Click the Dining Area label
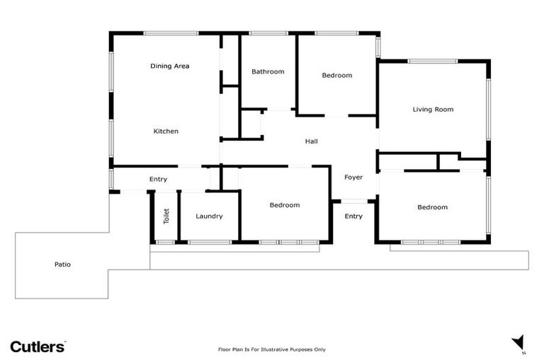pyautogui.click(x=169, y=66)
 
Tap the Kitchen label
pyautogui.click(x=166, y=131)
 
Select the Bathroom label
pyautogui.click(x=268, y=71)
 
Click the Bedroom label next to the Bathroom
pyautogui.click(x=336, y=75)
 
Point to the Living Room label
pyautogui.click(x=433, y=109)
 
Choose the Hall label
pyautogui.click(x=311, y=141)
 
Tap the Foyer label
pyautogui.click(x=353, y=177)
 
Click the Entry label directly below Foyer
pyautogui.click(x=353, y=216)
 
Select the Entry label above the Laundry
pyautogui.click(x=158, y=180)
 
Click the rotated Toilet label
pyautogui.click(x=166, y=216)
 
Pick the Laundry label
pyautogui.click(x=209, y=216)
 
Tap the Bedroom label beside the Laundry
pyautogui.click(x=284, y=205)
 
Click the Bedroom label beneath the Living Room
pyautogui.click(x=432, y=207)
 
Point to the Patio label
pyautogui.click(x=62, y=264)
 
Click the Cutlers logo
pyautogui.click(x=38, y=346)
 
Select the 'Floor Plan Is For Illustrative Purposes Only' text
pyautogui.click(x=271, y=349)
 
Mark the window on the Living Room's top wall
pyautogui.click(x=432, y=62)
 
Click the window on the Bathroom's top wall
pyautogui.click(x=268, y=33)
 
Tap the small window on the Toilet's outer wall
pyautogui.click(x=165, y=243)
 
